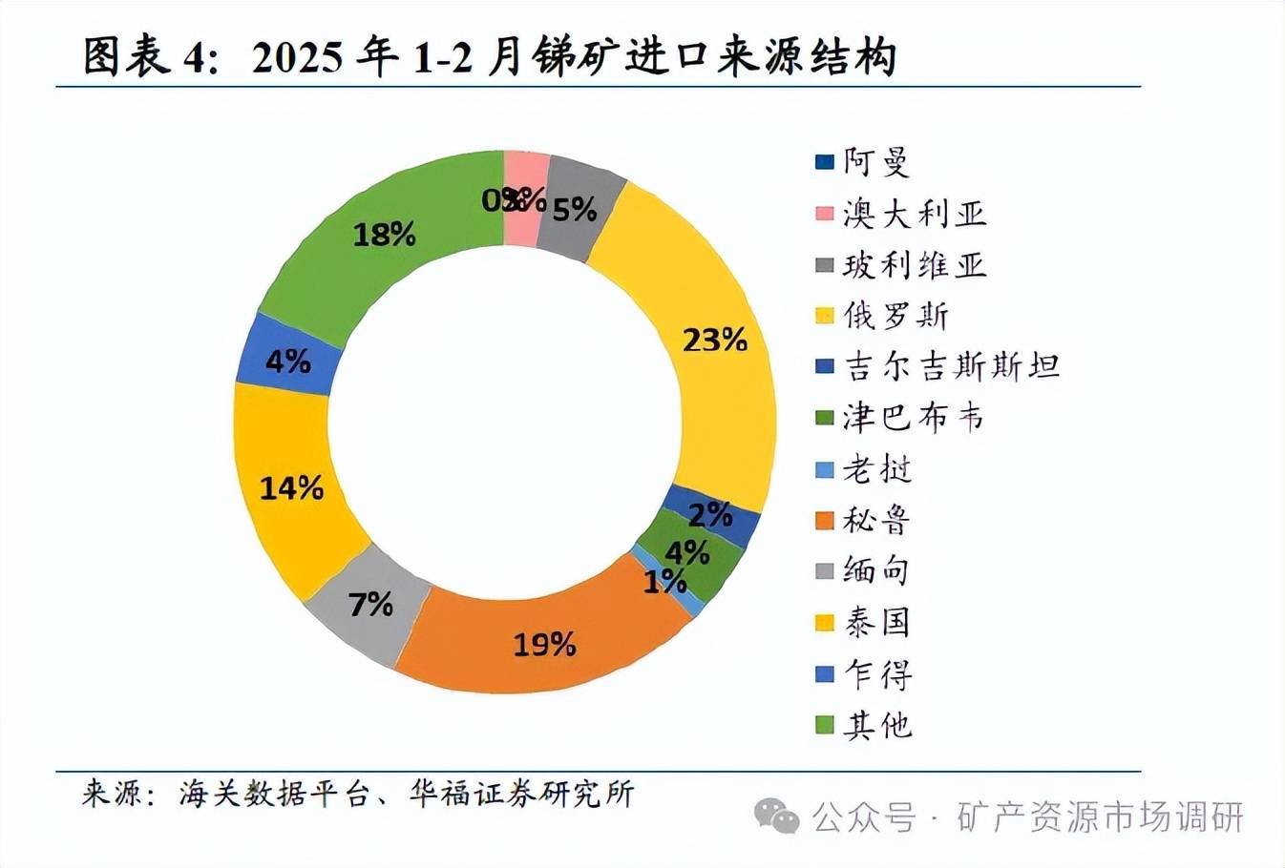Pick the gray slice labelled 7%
[369, 605]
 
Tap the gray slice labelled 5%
[575, 208]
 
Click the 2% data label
[710, 515]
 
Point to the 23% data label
[714, 339]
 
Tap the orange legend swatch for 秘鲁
[825, 521]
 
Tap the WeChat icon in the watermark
[776, 816]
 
